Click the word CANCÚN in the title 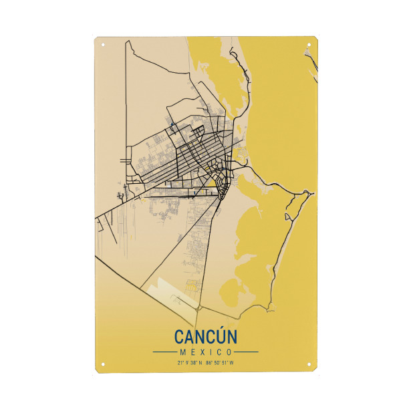205,336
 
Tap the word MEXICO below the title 205,352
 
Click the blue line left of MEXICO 164,352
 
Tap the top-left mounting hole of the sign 103,45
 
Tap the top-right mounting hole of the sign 308,45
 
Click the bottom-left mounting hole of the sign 103,365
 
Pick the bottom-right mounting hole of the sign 308,365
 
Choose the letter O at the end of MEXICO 229,352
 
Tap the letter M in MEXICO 182,352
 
